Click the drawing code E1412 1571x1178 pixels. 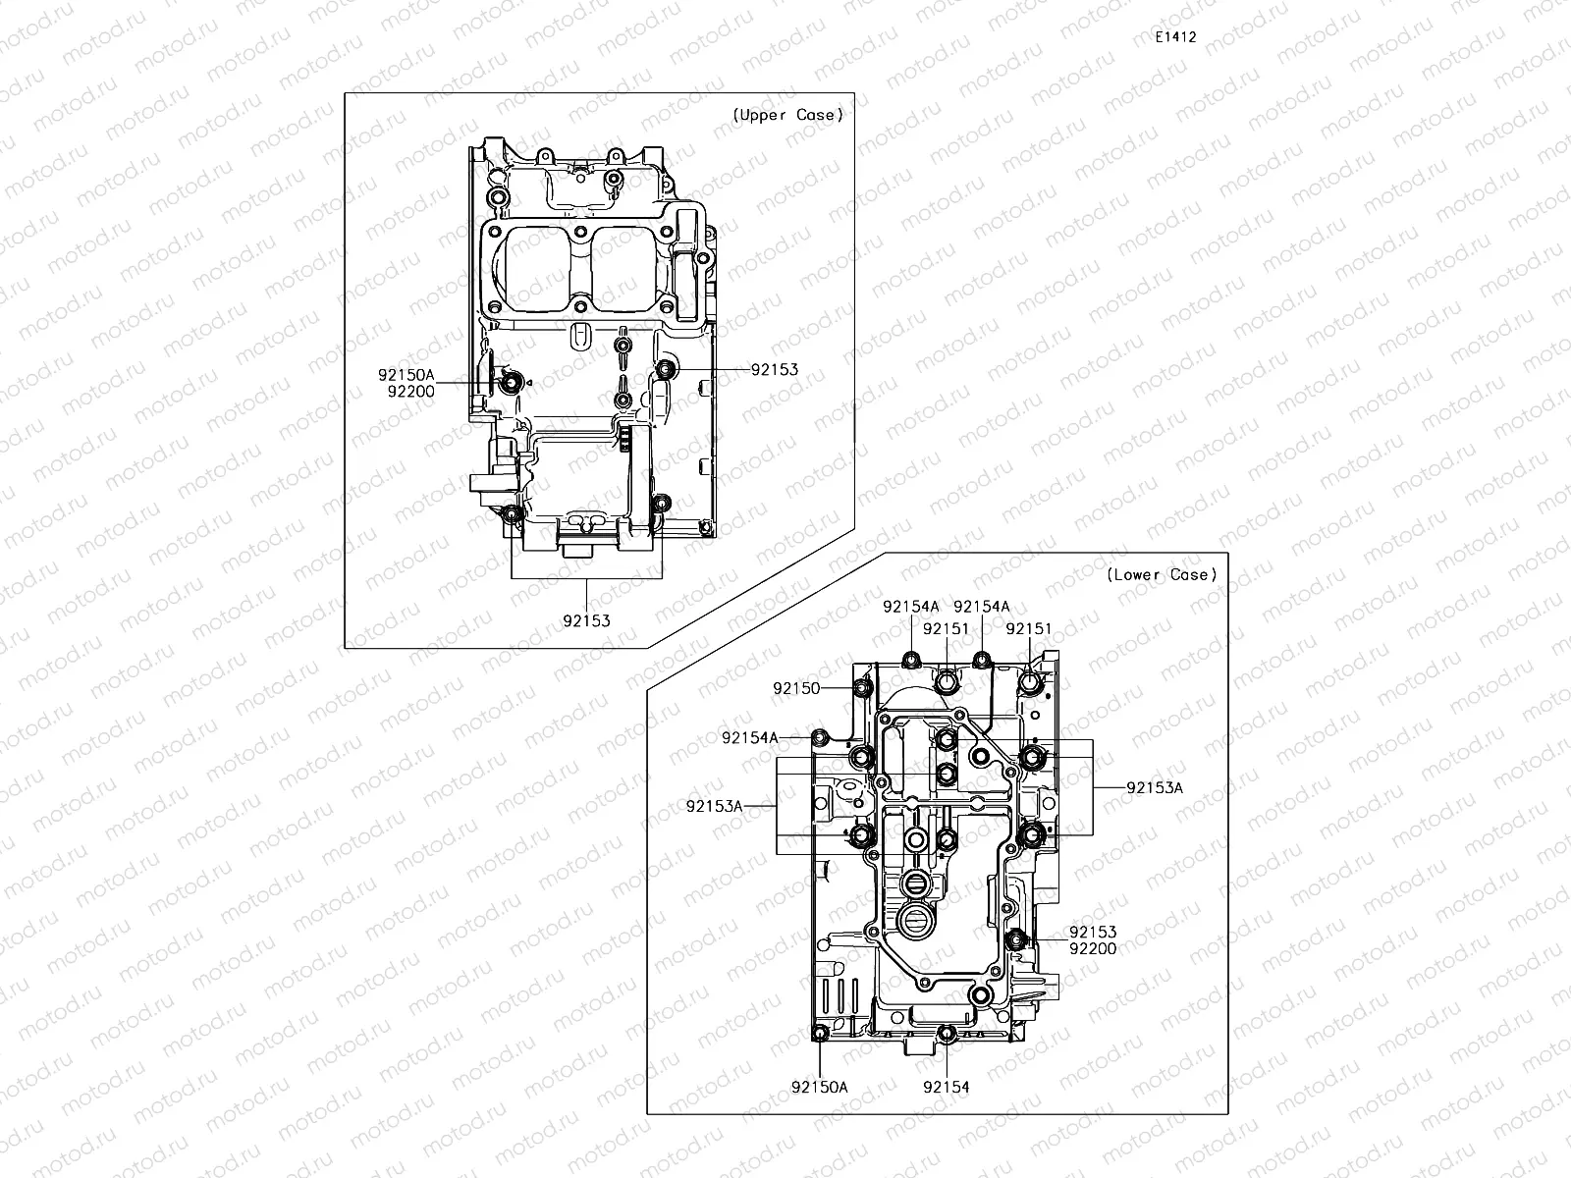(x=1175, y=36)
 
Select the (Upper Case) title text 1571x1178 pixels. (x=787, y=115)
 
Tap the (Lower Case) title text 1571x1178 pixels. (x=1161, y=574)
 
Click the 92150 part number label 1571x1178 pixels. (x=795, y=688)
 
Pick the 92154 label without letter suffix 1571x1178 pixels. (x=946, y=1087)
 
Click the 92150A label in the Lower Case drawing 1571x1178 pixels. (x=819, y=1087)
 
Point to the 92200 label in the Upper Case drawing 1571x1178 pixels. (x=410, y=391)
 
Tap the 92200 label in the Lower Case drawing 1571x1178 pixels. (x=1093, y=948)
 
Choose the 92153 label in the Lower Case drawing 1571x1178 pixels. (x=1093, y=932)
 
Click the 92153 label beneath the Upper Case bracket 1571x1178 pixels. (x=586, y=620)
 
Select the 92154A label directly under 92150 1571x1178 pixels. (x=749, y=736)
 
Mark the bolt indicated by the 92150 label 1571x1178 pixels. (x=862, y=687)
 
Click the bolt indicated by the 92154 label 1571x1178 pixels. (x=947, y=1033)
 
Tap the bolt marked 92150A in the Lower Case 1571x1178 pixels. (x=820, y=1032)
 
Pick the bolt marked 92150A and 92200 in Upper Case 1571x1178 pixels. (x=511, y=381)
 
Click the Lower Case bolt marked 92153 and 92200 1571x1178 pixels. (x=1016, y=939)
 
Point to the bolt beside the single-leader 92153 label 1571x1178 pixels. (x=667, y=370)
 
